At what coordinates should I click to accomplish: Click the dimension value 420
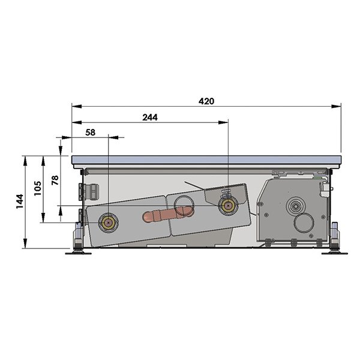point(206,101)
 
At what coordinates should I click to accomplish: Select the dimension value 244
point(150,118)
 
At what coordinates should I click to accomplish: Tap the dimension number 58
point(90,133)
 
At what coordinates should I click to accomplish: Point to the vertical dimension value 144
point(20,202)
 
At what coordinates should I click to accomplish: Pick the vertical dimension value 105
point(38,188)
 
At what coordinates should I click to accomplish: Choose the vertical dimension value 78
point(55,180)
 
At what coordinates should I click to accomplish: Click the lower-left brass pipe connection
point(109,223)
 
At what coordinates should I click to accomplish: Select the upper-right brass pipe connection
point(228,206)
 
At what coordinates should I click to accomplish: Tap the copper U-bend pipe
point(167,215)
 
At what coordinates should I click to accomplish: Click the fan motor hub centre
point(295,206)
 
